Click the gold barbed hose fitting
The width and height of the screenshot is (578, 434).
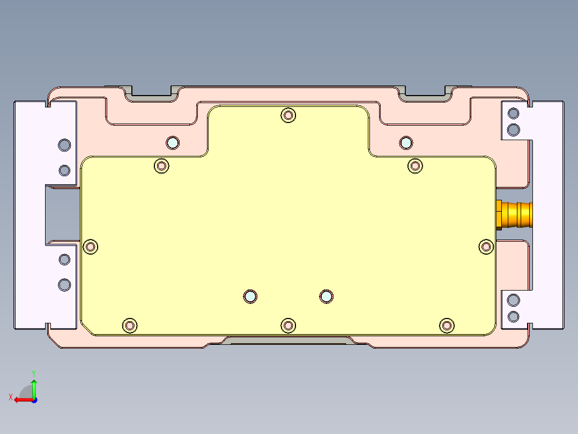[516, 214]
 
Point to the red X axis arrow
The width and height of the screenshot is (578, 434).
[21, 400]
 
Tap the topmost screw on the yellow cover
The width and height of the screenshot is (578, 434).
[288, 115]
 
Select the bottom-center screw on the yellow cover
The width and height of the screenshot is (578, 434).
[288, 325]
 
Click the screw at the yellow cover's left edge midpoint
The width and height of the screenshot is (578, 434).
[91, 247]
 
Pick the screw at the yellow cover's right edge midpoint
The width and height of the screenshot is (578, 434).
[486, 246]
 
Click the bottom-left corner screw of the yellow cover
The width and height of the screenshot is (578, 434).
[129, 325]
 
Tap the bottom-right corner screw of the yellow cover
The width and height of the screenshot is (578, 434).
[446, 325]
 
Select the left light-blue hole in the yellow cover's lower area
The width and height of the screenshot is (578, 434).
[250, 296]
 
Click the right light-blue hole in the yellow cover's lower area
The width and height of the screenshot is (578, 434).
[326, 296]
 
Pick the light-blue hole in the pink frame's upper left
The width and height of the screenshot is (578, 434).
[172, 143]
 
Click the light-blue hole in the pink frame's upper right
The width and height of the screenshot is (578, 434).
[406, 142]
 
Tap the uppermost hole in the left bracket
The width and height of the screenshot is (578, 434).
[64, 144]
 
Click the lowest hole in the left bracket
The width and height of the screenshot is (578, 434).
[64, 285]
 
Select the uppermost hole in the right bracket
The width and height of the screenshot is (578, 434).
[513, 113]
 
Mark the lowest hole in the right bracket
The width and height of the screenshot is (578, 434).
[513, 316]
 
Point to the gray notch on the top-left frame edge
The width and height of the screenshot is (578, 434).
[151, 95]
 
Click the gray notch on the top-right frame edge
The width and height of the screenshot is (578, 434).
[425, 95]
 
